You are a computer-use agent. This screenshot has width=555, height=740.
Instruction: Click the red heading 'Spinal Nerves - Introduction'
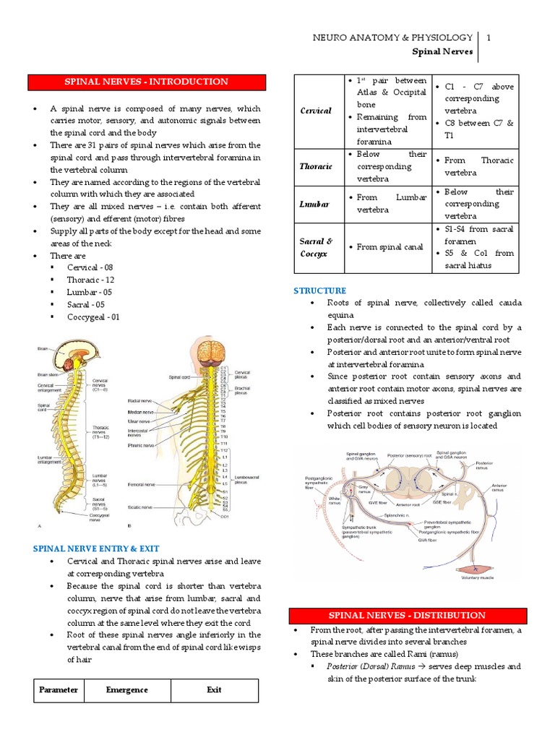(x=147, y=82)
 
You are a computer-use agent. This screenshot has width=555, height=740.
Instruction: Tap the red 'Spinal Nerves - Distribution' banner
(x=407, y=615)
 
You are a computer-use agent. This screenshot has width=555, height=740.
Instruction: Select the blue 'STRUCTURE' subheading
(x=319, y=291)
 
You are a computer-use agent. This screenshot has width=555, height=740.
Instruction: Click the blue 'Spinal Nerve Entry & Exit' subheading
(x=96, y=548)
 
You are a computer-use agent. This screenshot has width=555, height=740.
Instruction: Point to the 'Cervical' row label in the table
(x=315, y=111)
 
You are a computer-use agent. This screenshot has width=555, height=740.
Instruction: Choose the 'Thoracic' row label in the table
(x=316, y=166)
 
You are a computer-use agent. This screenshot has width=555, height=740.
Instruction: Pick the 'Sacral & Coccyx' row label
(x=316, y=247)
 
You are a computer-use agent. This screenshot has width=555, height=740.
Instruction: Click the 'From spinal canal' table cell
(x=388, y=247)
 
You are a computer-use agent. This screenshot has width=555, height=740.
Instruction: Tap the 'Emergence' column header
(x=126, y=690)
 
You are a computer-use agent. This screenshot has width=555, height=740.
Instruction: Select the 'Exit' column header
(x=214, y=690)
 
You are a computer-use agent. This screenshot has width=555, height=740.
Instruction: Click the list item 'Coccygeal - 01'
(x=93, y=317)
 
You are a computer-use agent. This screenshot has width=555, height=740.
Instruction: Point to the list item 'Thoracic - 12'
(x=90, y=280)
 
